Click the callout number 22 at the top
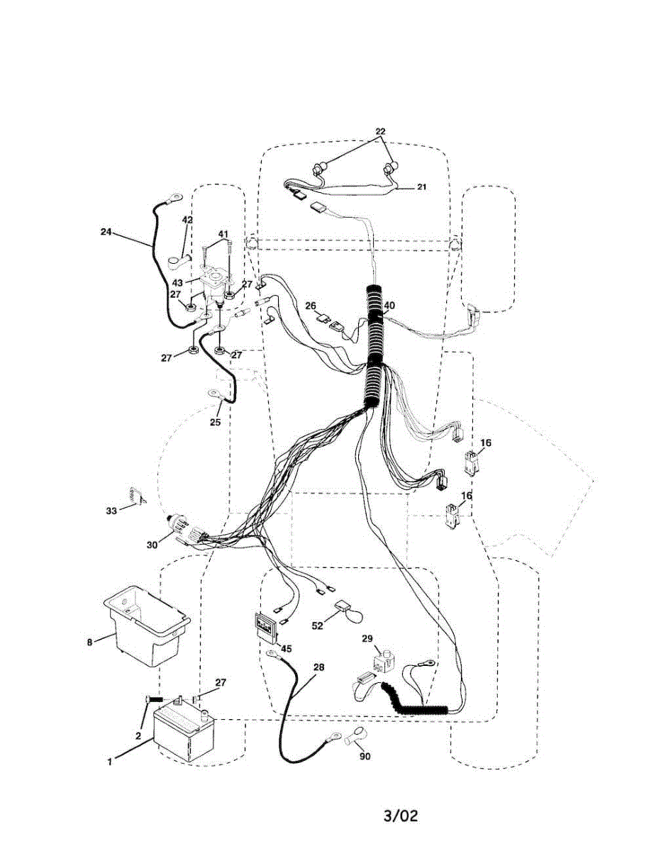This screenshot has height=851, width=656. click(x=381, y=133)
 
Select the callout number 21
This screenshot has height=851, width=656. click(x=421, y=187)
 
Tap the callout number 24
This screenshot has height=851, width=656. click(x=106, y=231)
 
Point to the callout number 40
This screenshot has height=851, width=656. click(x=389, y=306)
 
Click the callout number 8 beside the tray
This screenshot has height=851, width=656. click(x=89, y=643)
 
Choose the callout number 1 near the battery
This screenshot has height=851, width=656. click(x=110, y=762)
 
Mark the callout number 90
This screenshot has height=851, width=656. click(x=365, y=756)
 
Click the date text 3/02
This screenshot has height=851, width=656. click(x=401, y=816)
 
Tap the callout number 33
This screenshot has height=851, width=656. click(x=111, y=511)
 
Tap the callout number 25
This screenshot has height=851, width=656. click(x=216, y=422)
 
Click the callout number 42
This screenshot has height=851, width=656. click(x=187, y=220)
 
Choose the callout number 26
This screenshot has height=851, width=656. click(x=311, y=306)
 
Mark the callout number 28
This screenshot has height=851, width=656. click(x=318, y=668)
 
